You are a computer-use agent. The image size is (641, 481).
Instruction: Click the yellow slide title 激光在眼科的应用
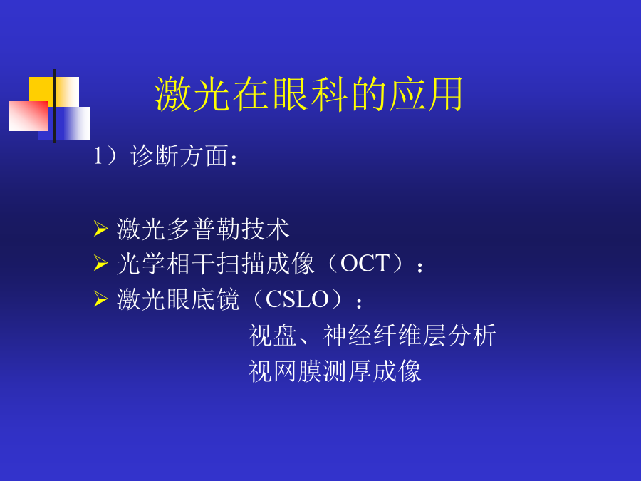pyautogui.click(x=308, y=94)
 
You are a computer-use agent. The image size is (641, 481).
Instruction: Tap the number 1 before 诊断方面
pyautogui.click(x=98, y=156)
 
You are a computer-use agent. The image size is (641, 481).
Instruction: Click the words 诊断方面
pyautogui.click(x=179, y=156)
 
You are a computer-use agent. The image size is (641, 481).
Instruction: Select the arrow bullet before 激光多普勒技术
pyautogui.click(x=100, y=229)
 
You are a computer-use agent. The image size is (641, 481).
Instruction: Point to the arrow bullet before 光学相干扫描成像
pyautogui.click(x=100, y=263)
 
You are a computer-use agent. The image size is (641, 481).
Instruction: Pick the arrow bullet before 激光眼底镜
pyautogui.click(x=100, y=299)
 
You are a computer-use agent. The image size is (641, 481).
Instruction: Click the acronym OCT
pyautogui.click(x=365, y=264)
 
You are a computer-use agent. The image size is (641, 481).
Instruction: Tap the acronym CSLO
pyautogui.click(x=297, y=299)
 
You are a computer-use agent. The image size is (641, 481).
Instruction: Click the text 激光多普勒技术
pyautogui.click(x=203, y=229)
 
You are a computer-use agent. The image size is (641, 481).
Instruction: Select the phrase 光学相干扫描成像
pyautogui.click(x=216, y=263)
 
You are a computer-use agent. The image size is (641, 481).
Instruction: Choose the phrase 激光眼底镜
pyautogui.click(x=178, y=299)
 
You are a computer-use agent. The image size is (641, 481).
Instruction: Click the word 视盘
pyautogui.click(x=273, y=335)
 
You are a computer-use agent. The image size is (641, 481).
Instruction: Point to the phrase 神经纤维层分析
pyautogui.click(x=410, y=335)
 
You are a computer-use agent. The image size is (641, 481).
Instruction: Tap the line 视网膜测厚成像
pyautogui.click(x=335, y=371)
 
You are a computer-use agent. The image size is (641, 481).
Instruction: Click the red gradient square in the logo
pyautogui.click(x=28, y=116)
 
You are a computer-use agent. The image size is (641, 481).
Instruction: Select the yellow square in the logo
pyautogui.click(x=54, y=92)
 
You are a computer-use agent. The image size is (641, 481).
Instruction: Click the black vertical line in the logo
pyautogui.click(x=54, y=106)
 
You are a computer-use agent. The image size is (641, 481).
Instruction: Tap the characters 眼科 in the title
pyautogui.click(x=308, y=94)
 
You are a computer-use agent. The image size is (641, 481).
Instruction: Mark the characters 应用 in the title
pyautogui.click(x=426, y=94)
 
